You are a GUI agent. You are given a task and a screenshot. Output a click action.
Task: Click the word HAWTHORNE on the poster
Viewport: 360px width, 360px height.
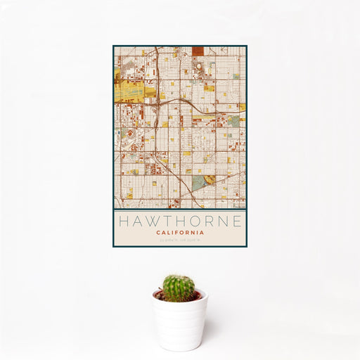tap(180, 221)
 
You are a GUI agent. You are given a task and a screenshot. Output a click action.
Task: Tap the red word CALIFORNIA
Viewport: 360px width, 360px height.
tap(180, 232)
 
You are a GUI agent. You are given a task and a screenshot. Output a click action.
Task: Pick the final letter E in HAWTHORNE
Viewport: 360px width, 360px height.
tap(239, 221)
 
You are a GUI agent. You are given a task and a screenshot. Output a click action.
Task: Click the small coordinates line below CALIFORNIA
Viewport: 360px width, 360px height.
tap(180, 240)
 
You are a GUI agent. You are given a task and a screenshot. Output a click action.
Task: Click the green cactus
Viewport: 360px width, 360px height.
tap(179, 287)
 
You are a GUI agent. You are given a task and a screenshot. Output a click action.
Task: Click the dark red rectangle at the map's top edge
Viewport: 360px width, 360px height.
tap(198, 51)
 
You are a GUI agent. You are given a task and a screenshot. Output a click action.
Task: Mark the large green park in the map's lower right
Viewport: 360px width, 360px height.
tap(200, 182)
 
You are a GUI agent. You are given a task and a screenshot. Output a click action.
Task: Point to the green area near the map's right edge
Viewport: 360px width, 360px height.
tap(233, 121)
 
